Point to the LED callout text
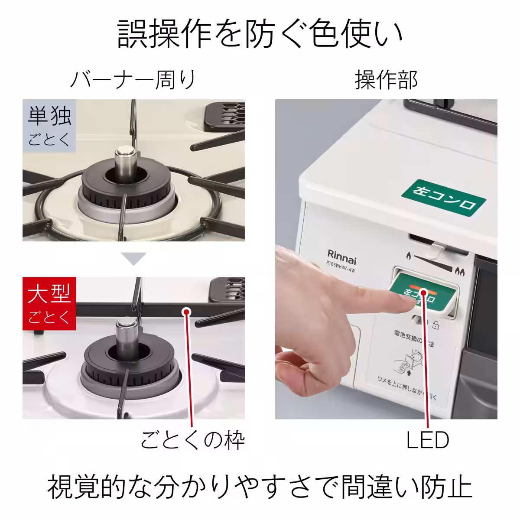pyautogui.click(x=427, y=440)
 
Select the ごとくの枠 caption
pyautogui.click(x=192, y=441)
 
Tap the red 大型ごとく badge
pyautogui.click(x=49, y=303)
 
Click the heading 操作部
pyautogui.click(x=386, y=80)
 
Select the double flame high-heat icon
pyautogui.click(x=459, y=273)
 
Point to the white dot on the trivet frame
pyautogui.click(x=187, y=311)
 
